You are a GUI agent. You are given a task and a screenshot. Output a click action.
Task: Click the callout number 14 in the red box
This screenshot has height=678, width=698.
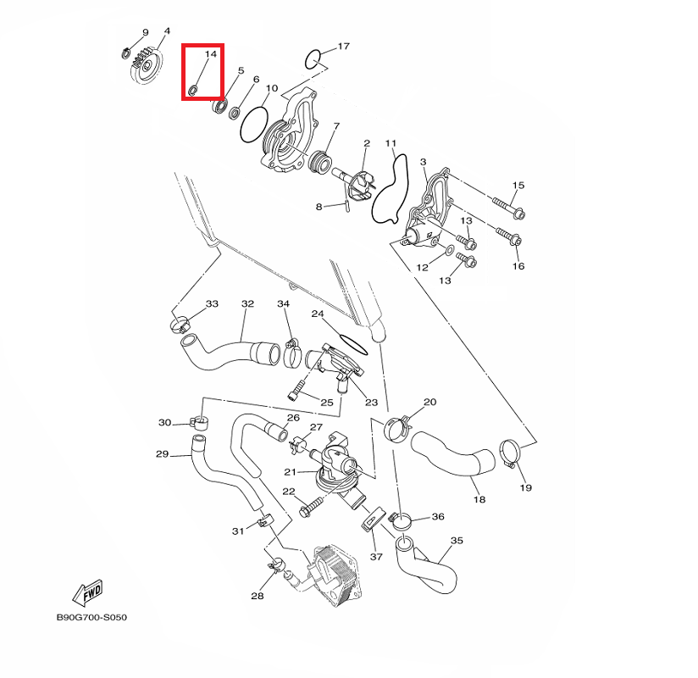click(211, 54)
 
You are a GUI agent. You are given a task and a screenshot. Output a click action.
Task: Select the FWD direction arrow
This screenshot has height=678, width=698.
click(86, 591)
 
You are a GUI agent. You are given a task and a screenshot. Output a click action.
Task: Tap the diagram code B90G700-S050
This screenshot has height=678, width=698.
click(91, 618)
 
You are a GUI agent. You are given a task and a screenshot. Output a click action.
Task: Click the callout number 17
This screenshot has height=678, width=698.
click(343, 46)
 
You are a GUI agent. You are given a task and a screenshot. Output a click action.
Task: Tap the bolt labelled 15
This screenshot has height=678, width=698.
click(507, 204)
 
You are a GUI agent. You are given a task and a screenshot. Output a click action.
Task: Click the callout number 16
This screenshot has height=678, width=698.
click(518, 266)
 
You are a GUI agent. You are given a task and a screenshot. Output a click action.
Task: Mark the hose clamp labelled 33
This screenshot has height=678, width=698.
click(180, 323)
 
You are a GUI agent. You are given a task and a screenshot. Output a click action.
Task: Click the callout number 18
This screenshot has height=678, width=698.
click(479, 500)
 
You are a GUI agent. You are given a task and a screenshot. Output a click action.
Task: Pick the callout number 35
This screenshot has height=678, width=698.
click(457, 540)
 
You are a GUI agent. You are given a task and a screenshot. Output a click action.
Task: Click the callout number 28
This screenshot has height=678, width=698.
click(258, 596)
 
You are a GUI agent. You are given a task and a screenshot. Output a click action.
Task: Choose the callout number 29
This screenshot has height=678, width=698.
click(163, 454)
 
